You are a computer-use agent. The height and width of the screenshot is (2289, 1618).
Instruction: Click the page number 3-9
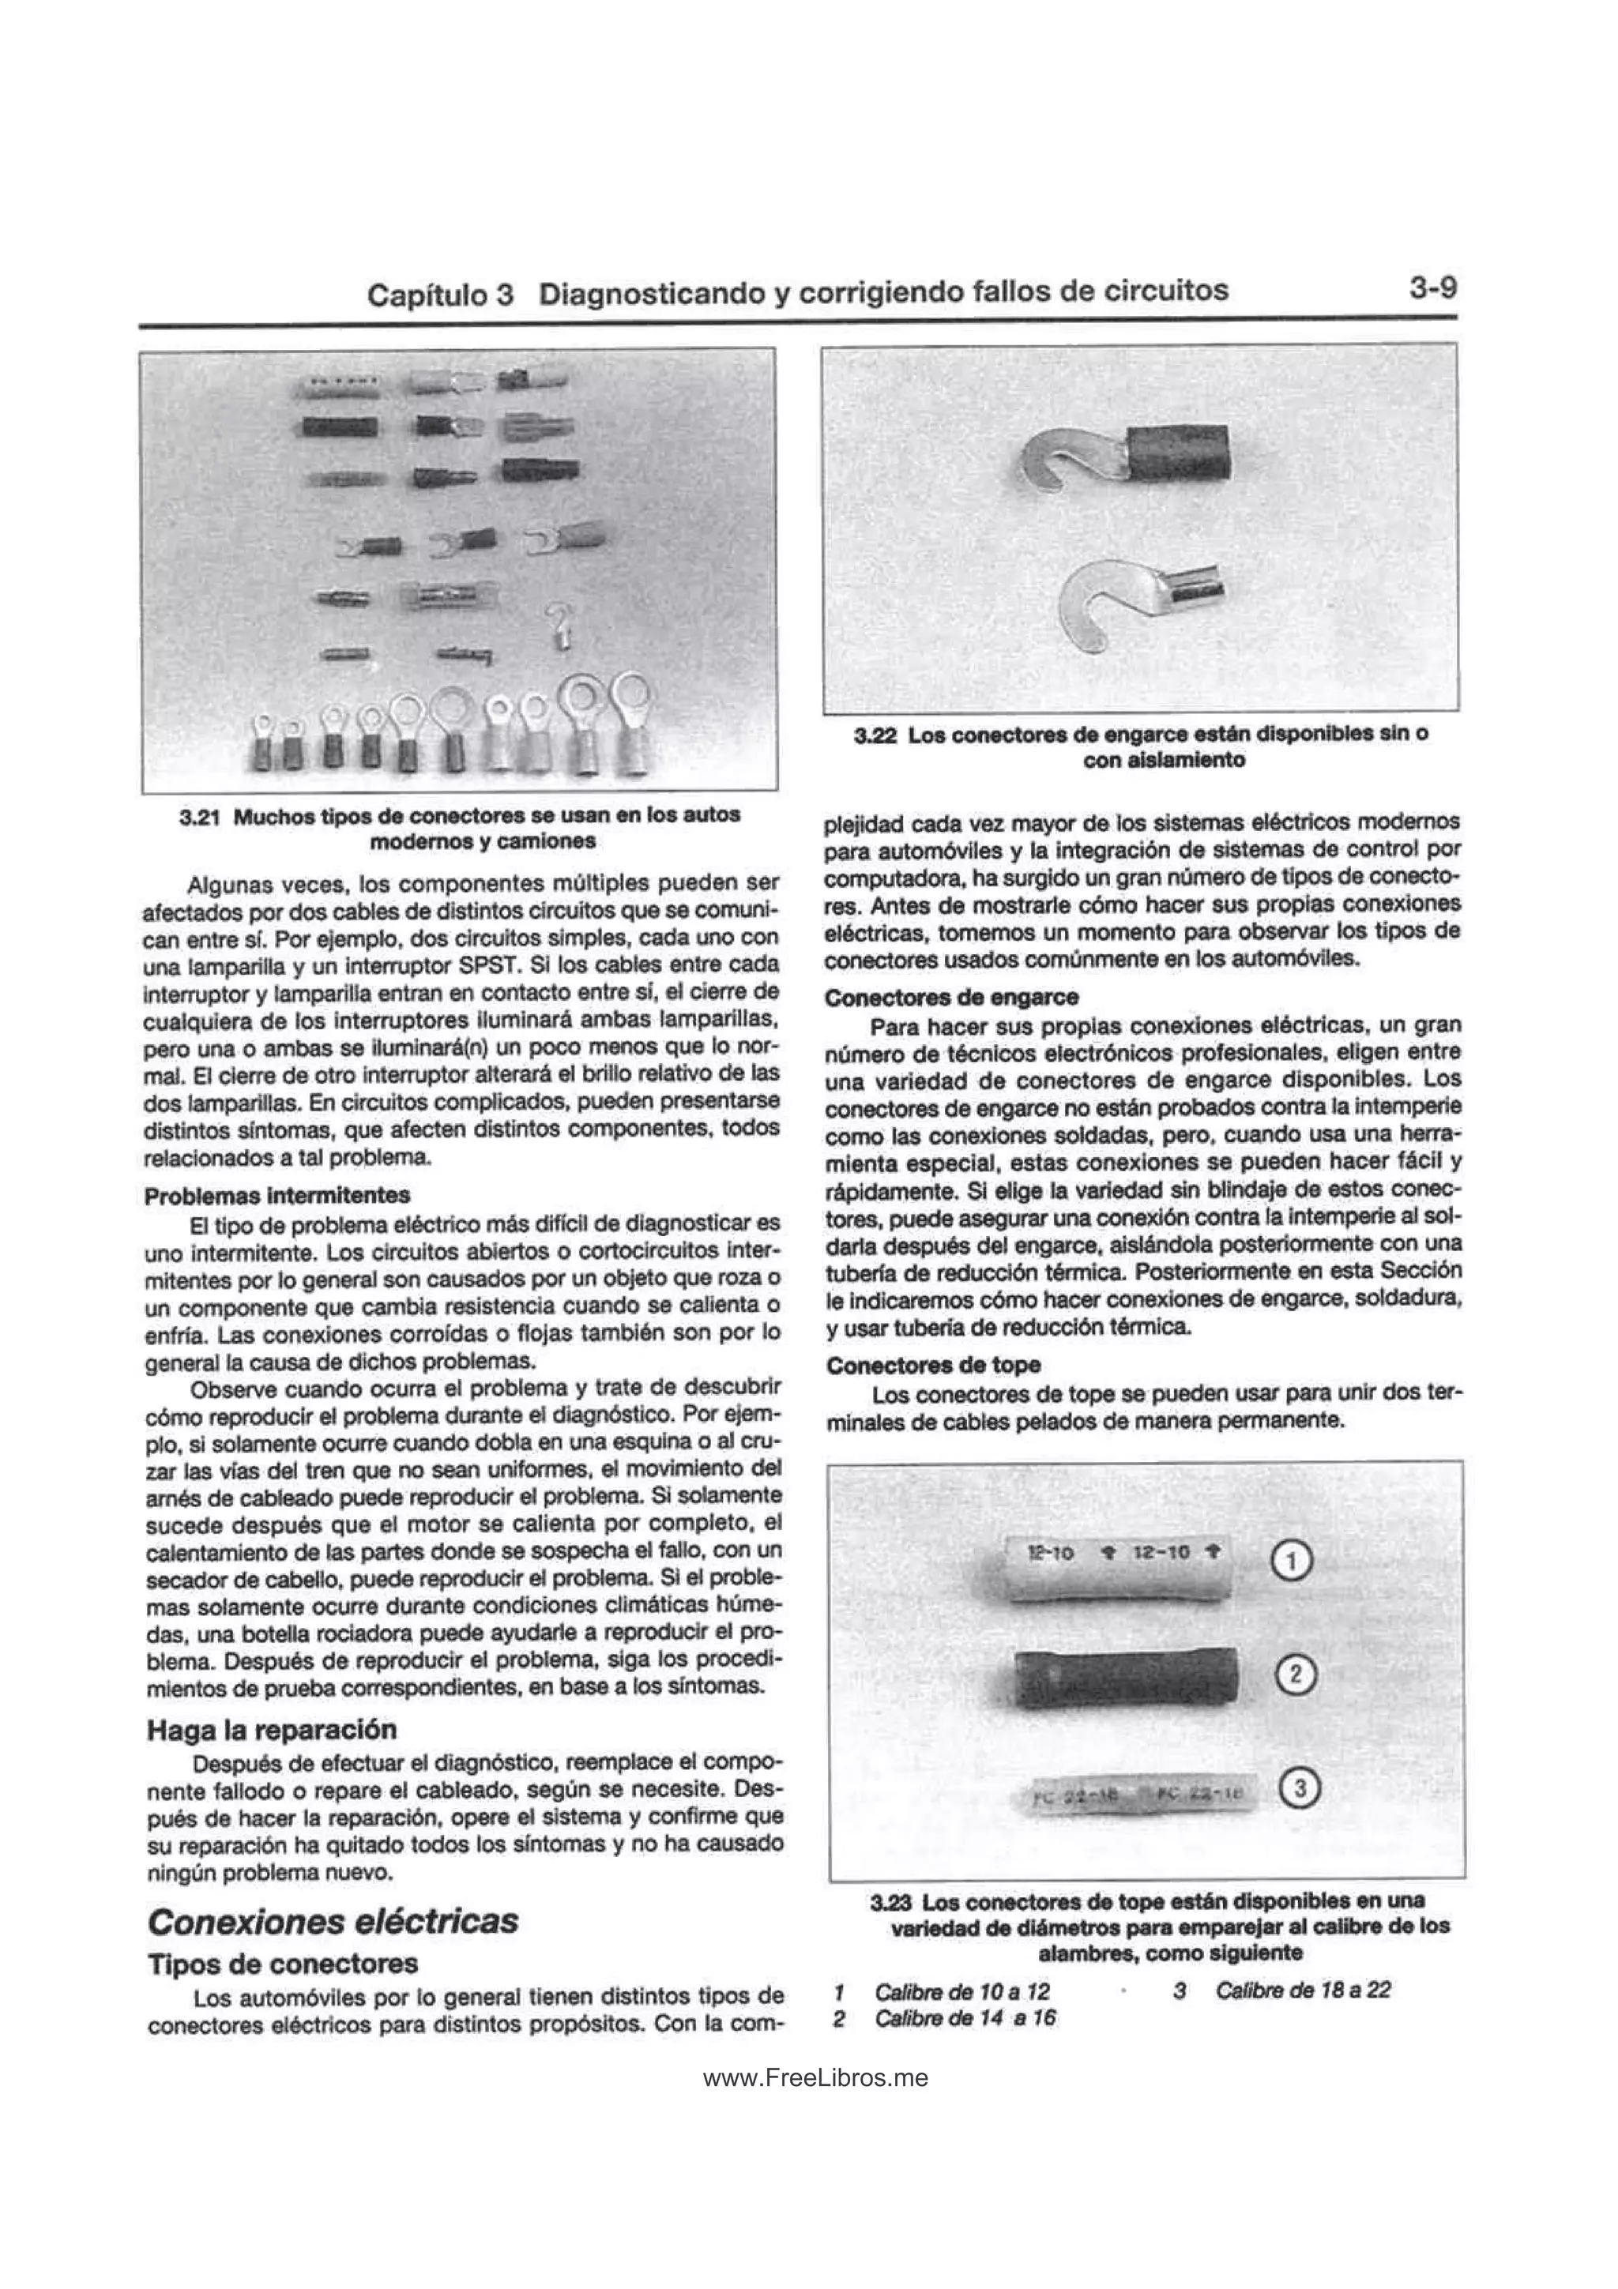1432,288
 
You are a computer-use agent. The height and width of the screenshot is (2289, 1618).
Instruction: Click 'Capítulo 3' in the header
439,294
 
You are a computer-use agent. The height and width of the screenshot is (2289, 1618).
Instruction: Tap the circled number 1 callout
1293,1562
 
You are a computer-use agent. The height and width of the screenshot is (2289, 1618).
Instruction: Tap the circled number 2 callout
1295,1674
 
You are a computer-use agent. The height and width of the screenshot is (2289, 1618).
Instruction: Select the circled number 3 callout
1299,1787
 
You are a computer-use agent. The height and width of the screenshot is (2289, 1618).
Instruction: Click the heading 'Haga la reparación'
271,1730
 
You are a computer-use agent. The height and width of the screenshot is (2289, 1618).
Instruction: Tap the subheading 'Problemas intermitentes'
277,1195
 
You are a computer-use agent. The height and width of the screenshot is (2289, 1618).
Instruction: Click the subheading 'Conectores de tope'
933,1365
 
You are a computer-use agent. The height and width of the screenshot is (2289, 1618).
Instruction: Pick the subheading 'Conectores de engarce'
951,997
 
